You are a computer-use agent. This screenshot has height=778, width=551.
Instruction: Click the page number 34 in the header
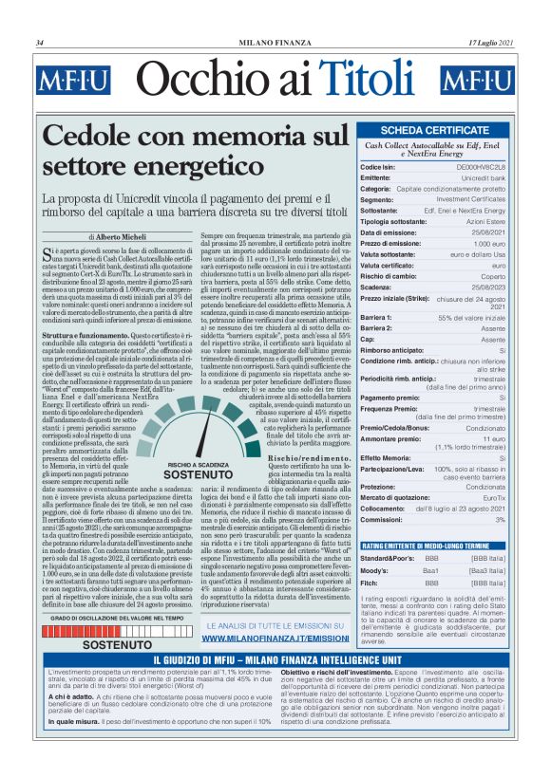tap(40, 43)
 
